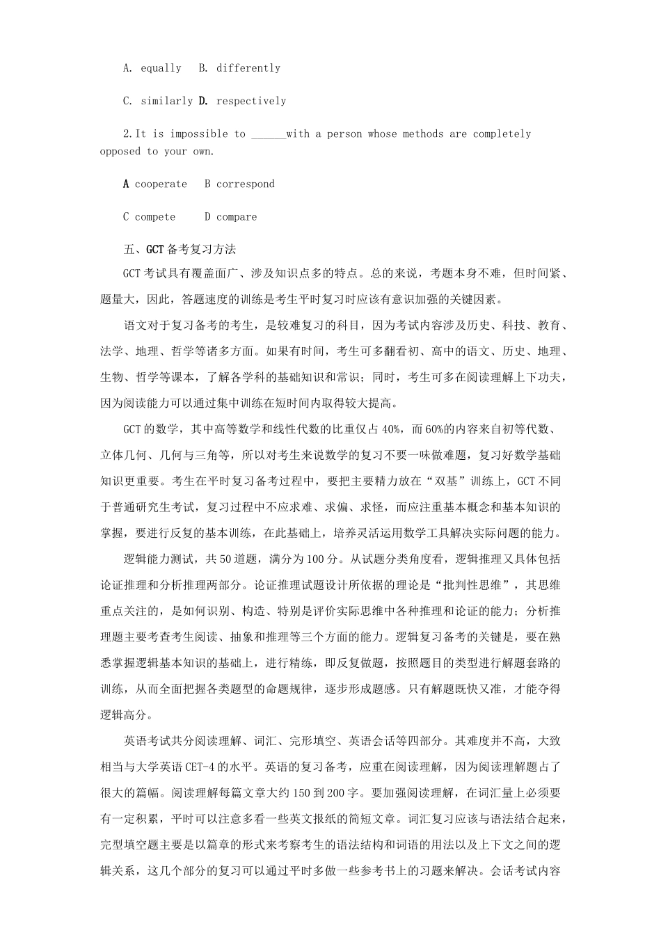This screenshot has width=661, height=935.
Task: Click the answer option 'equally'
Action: [161, 68]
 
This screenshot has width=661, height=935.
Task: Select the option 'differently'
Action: [248, 68]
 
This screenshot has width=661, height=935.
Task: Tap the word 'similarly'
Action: [166, 101]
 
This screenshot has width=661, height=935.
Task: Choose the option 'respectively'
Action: [251, 101]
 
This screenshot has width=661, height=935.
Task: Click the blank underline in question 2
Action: [268, 134]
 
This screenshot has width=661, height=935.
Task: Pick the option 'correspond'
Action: [245, 184]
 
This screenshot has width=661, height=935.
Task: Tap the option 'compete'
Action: [155, 217]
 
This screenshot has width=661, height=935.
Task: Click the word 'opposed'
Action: [120, 151]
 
